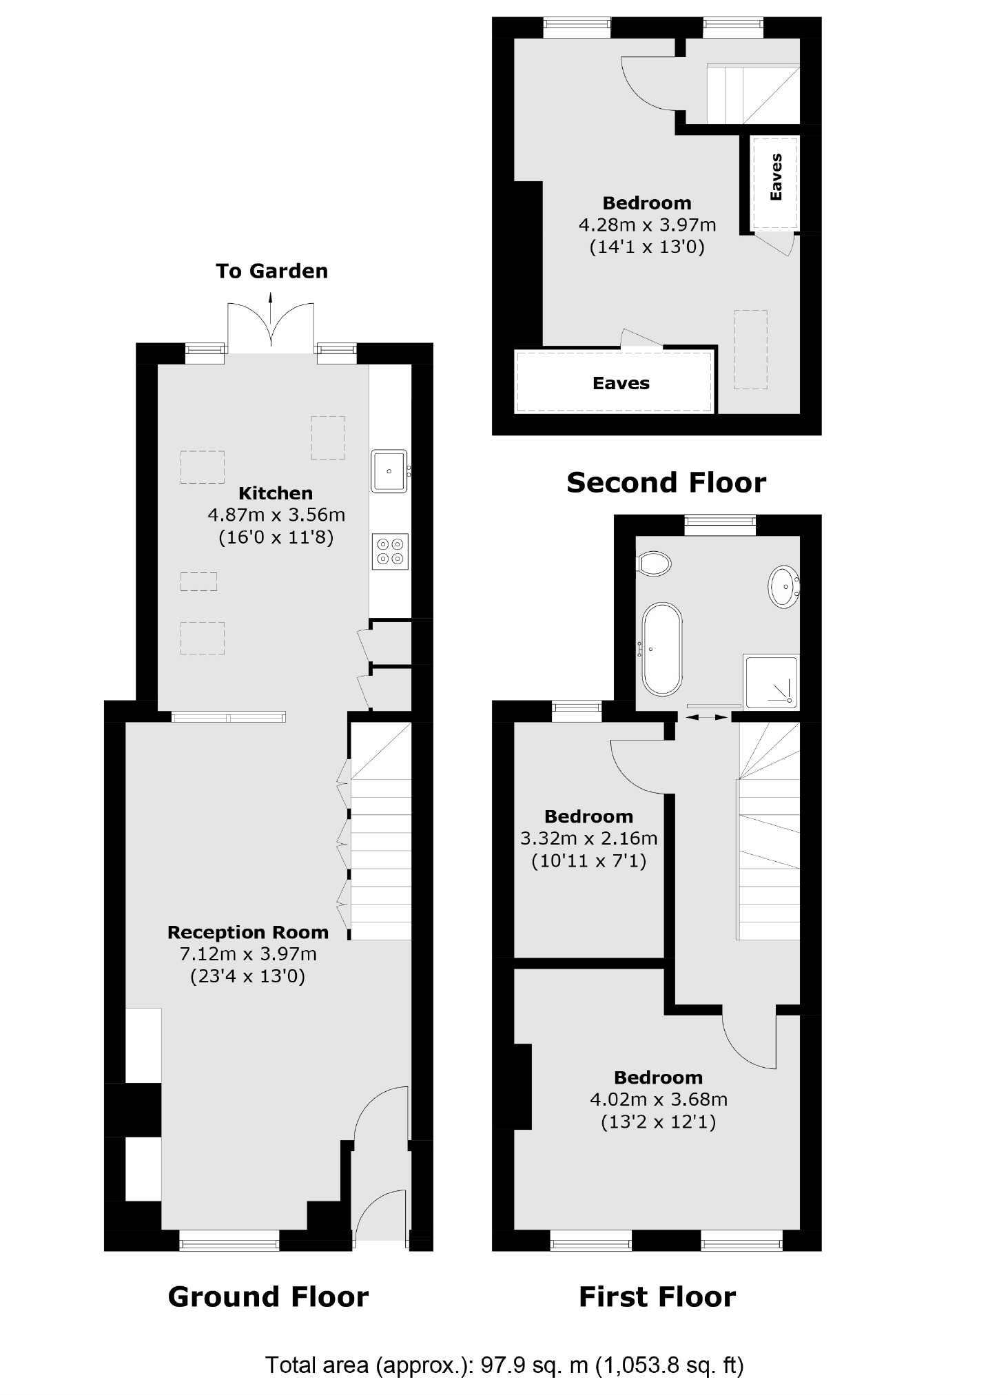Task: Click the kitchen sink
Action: click(389, 471)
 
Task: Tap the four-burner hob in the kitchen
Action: click(390, 552)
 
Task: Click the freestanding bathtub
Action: click(662, 649)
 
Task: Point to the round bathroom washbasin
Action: click(784, 586)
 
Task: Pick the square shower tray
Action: click(772, 682)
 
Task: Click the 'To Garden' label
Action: click(271, 271)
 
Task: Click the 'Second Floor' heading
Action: click(666, 482)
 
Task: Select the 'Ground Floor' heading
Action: click(268, 1296)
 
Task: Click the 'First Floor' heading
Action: click(657, 1296)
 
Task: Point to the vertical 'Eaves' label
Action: click(776, 177)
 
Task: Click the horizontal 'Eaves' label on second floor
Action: click(621, 383)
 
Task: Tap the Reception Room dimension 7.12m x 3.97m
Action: click(248, 954)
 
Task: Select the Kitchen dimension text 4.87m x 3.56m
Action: click(276, 515)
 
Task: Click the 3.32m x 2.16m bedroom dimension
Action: click(588, 838)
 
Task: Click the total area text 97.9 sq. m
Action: click(504, 1365)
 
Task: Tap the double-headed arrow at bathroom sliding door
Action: click(708, 717)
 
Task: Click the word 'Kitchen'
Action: click(276, 493)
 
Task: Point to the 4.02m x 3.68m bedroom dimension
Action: click(658, 1099)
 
